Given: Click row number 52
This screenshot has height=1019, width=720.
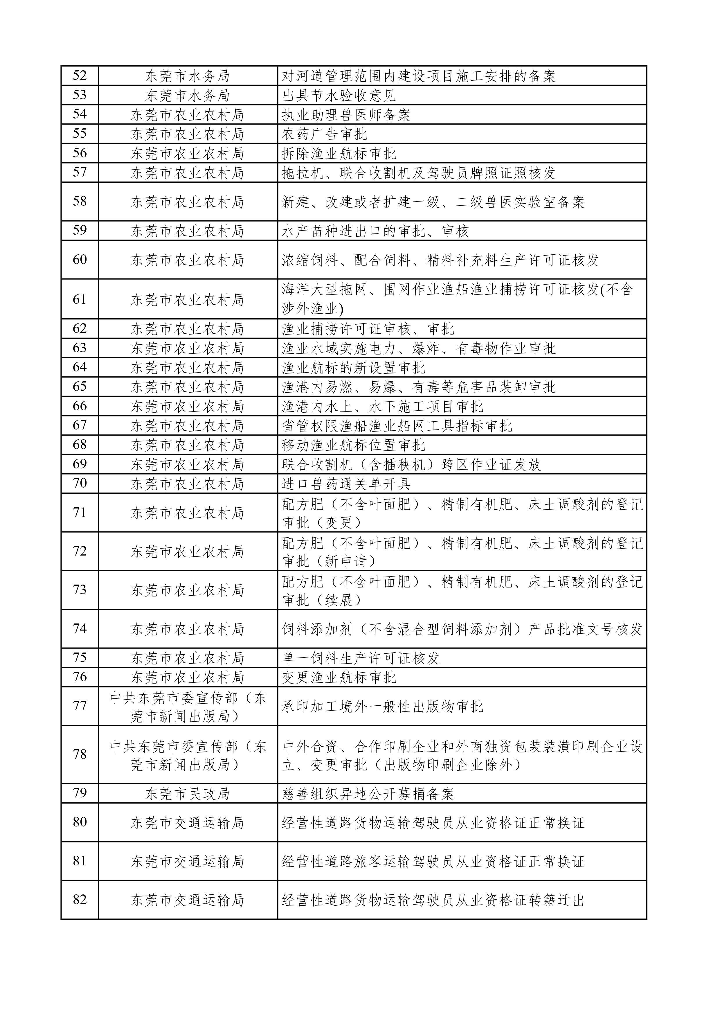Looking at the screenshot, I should point(80,76).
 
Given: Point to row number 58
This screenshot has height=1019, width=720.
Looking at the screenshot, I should point(80,202).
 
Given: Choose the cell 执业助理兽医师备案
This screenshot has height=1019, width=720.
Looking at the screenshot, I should point(346,115).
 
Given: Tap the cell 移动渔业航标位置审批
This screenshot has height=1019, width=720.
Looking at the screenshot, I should point(354,445).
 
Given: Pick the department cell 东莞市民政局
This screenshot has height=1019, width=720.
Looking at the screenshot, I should point(188,794).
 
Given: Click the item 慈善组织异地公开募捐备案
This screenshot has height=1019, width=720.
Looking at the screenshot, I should point(368,794).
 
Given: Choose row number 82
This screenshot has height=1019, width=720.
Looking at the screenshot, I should point(80,900).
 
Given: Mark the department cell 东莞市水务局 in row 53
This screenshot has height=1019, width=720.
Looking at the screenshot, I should point(188,96).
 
